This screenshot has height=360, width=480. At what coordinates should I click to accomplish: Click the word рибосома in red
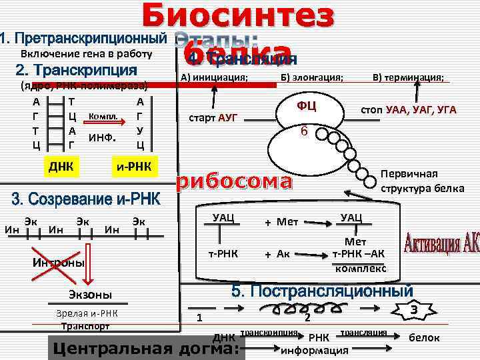233,182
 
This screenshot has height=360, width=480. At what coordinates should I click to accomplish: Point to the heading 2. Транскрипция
76,70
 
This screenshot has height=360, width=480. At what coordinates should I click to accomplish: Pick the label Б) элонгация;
311,78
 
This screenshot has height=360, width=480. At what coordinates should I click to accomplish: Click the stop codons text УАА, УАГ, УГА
421,109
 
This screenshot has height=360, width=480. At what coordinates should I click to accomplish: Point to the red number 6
303,131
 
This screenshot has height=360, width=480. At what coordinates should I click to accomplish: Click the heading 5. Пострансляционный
322,291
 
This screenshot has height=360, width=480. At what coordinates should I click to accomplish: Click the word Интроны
59,263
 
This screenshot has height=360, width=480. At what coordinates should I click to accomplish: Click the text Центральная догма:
145,349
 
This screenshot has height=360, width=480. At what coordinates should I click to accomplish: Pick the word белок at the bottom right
424,337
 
